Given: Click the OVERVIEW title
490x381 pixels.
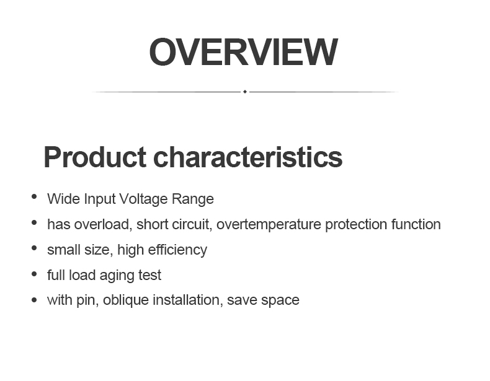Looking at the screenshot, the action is [243, 52].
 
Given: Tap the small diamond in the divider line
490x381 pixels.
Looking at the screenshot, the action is [245, 92].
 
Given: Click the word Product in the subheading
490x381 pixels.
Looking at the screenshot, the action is [95, 157].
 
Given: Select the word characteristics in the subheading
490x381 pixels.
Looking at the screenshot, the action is [248, 157].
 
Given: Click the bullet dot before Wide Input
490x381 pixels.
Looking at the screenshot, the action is [34, 196].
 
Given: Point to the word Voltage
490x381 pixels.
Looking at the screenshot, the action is [144, 199].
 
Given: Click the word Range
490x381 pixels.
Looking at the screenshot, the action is [193, 199].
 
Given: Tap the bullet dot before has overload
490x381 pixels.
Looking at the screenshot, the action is [34, 222].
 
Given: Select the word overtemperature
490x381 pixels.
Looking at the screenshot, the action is [269, 225].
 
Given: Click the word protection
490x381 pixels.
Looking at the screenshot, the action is [356, 225].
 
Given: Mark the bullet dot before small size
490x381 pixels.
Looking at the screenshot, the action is [34, 248].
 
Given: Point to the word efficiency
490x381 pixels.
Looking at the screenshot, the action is [177, 250].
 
